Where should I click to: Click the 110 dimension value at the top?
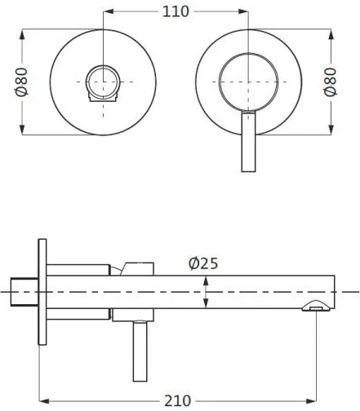[x=176, y=11]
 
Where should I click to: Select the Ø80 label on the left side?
[x=22, y=82]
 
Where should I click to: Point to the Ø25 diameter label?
[x=202, y=264]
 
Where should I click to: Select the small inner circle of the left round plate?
[x=104, y=82]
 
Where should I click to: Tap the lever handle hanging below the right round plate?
[x=248, y=143]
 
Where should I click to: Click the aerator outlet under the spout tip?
[x=315, y=307]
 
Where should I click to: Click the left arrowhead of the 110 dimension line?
[x=109, y=11]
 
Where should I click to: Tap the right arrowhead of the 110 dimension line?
[x=244, y=11]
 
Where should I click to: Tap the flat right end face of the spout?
[x=334, y=291]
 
